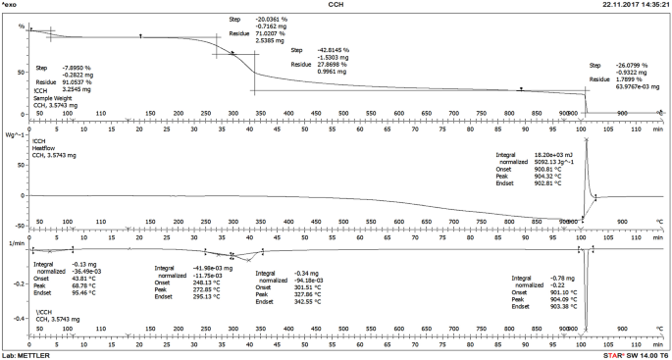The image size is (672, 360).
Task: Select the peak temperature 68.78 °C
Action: [x=82, y=285]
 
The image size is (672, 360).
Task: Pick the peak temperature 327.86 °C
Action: [x=305, y=293]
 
